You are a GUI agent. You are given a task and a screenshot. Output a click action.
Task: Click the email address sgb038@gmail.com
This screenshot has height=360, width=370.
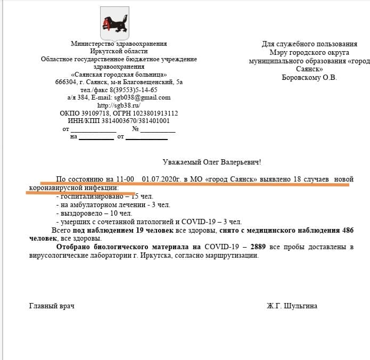(x=142, y=97)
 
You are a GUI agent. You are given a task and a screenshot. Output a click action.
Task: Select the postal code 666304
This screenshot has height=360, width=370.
(x=65, y=82)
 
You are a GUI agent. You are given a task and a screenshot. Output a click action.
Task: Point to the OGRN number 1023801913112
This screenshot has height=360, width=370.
(x=158, y=113)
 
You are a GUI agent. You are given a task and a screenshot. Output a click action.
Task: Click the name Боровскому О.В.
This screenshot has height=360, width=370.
(x=309, y=77)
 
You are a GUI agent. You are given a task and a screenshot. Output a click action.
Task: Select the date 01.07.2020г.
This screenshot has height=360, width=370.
(x=160, y=179)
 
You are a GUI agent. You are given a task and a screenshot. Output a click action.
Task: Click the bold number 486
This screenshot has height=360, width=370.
(x=345, y=230)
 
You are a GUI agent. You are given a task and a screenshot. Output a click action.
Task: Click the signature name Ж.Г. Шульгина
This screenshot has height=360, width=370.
(x=292, y=306)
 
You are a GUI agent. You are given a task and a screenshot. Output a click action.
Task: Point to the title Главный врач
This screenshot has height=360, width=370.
(x=52, y=306)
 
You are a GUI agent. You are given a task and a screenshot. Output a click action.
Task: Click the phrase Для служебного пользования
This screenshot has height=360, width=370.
(x=309, y=44)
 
